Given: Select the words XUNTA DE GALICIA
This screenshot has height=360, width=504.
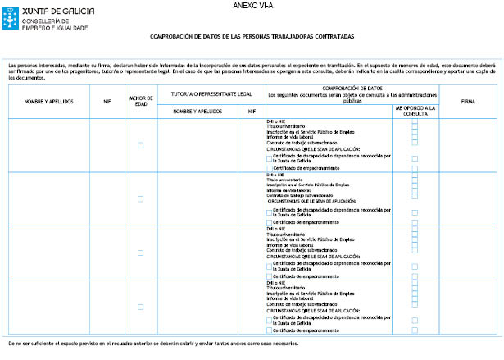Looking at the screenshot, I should [50, 7].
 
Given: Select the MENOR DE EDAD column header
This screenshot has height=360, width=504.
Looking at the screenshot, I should [140, 101].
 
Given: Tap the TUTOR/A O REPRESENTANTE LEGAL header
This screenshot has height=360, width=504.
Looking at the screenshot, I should [211, 93].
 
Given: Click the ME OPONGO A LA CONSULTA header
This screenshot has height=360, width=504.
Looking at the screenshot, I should [415, 109].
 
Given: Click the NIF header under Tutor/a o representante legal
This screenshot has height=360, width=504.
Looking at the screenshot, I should [251, 111].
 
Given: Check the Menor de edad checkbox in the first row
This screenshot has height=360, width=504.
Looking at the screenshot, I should [140, 145].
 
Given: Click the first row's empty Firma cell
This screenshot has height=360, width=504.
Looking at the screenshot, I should [468, 145].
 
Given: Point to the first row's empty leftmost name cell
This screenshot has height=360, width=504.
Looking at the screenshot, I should [46, 145].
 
